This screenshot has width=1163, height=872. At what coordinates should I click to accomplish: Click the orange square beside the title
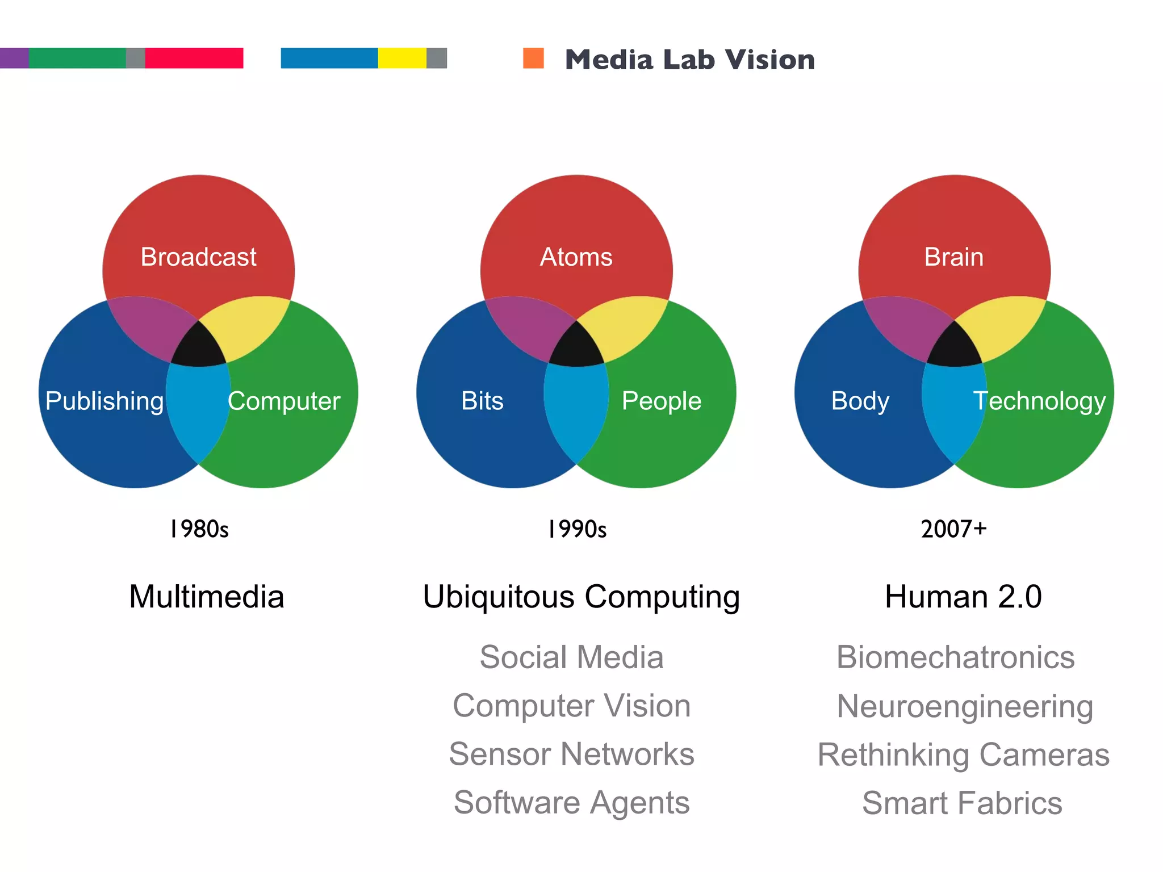(533, 58)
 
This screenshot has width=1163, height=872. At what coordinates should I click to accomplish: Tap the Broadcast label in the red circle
(198, 257)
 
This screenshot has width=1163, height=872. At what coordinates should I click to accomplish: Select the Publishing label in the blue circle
(104, 401)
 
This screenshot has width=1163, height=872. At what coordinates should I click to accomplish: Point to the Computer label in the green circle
(284, 401)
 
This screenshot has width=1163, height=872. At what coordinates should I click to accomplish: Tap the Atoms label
(576, 257)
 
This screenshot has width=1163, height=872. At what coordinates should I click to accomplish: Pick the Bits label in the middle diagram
(482, 401)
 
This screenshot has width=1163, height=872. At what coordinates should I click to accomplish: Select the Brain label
(953, 257)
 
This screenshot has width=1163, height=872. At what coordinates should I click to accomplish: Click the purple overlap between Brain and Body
(906, 326)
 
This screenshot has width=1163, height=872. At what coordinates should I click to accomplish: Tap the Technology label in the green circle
(1039, 401)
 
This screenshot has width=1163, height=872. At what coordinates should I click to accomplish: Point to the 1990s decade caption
(577, 529)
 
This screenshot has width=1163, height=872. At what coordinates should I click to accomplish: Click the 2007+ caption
(953, 529)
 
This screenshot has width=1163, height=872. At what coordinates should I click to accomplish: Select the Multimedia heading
(207, 597)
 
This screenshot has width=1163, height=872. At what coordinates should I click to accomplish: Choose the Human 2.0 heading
(963, 597)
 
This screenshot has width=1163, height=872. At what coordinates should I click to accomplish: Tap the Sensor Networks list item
(571, 754)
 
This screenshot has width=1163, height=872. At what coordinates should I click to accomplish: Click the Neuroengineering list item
(964, 706)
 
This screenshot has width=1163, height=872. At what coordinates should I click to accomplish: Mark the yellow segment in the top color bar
(402, 58)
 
